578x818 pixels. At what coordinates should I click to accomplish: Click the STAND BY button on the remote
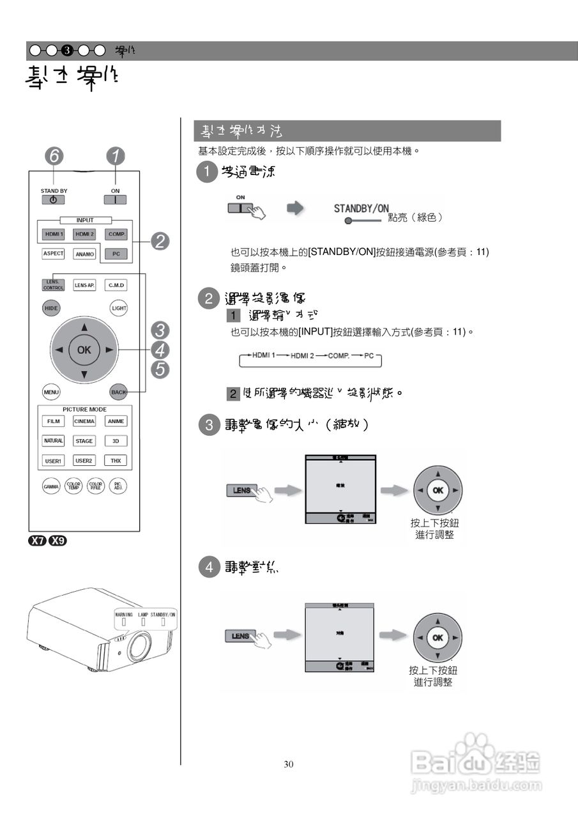tap(53, 199)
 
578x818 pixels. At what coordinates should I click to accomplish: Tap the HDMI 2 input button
tap(84, 235)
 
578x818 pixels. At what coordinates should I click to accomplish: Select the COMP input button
tap(116, 235)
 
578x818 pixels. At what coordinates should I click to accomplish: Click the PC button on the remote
tap(116, 254)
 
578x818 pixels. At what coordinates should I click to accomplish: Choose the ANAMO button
tap(84, 254)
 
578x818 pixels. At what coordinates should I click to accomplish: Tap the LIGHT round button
tap(119, 308)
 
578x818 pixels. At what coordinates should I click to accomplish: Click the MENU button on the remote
tap(51, 392)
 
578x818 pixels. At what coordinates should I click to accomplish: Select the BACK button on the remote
tap(118, 392)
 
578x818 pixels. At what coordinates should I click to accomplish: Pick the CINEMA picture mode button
tap(84, 421)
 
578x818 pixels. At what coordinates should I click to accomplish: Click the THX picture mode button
tap(116, 460)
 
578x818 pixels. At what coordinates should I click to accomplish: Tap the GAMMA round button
tap(51, 486)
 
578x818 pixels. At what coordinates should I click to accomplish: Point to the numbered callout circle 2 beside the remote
tap(160, 241)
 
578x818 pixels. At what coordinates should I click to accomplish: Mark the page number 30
tap(289, 764)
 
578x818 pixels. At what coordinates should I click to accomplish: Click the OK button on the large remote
tap(84, 350)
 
